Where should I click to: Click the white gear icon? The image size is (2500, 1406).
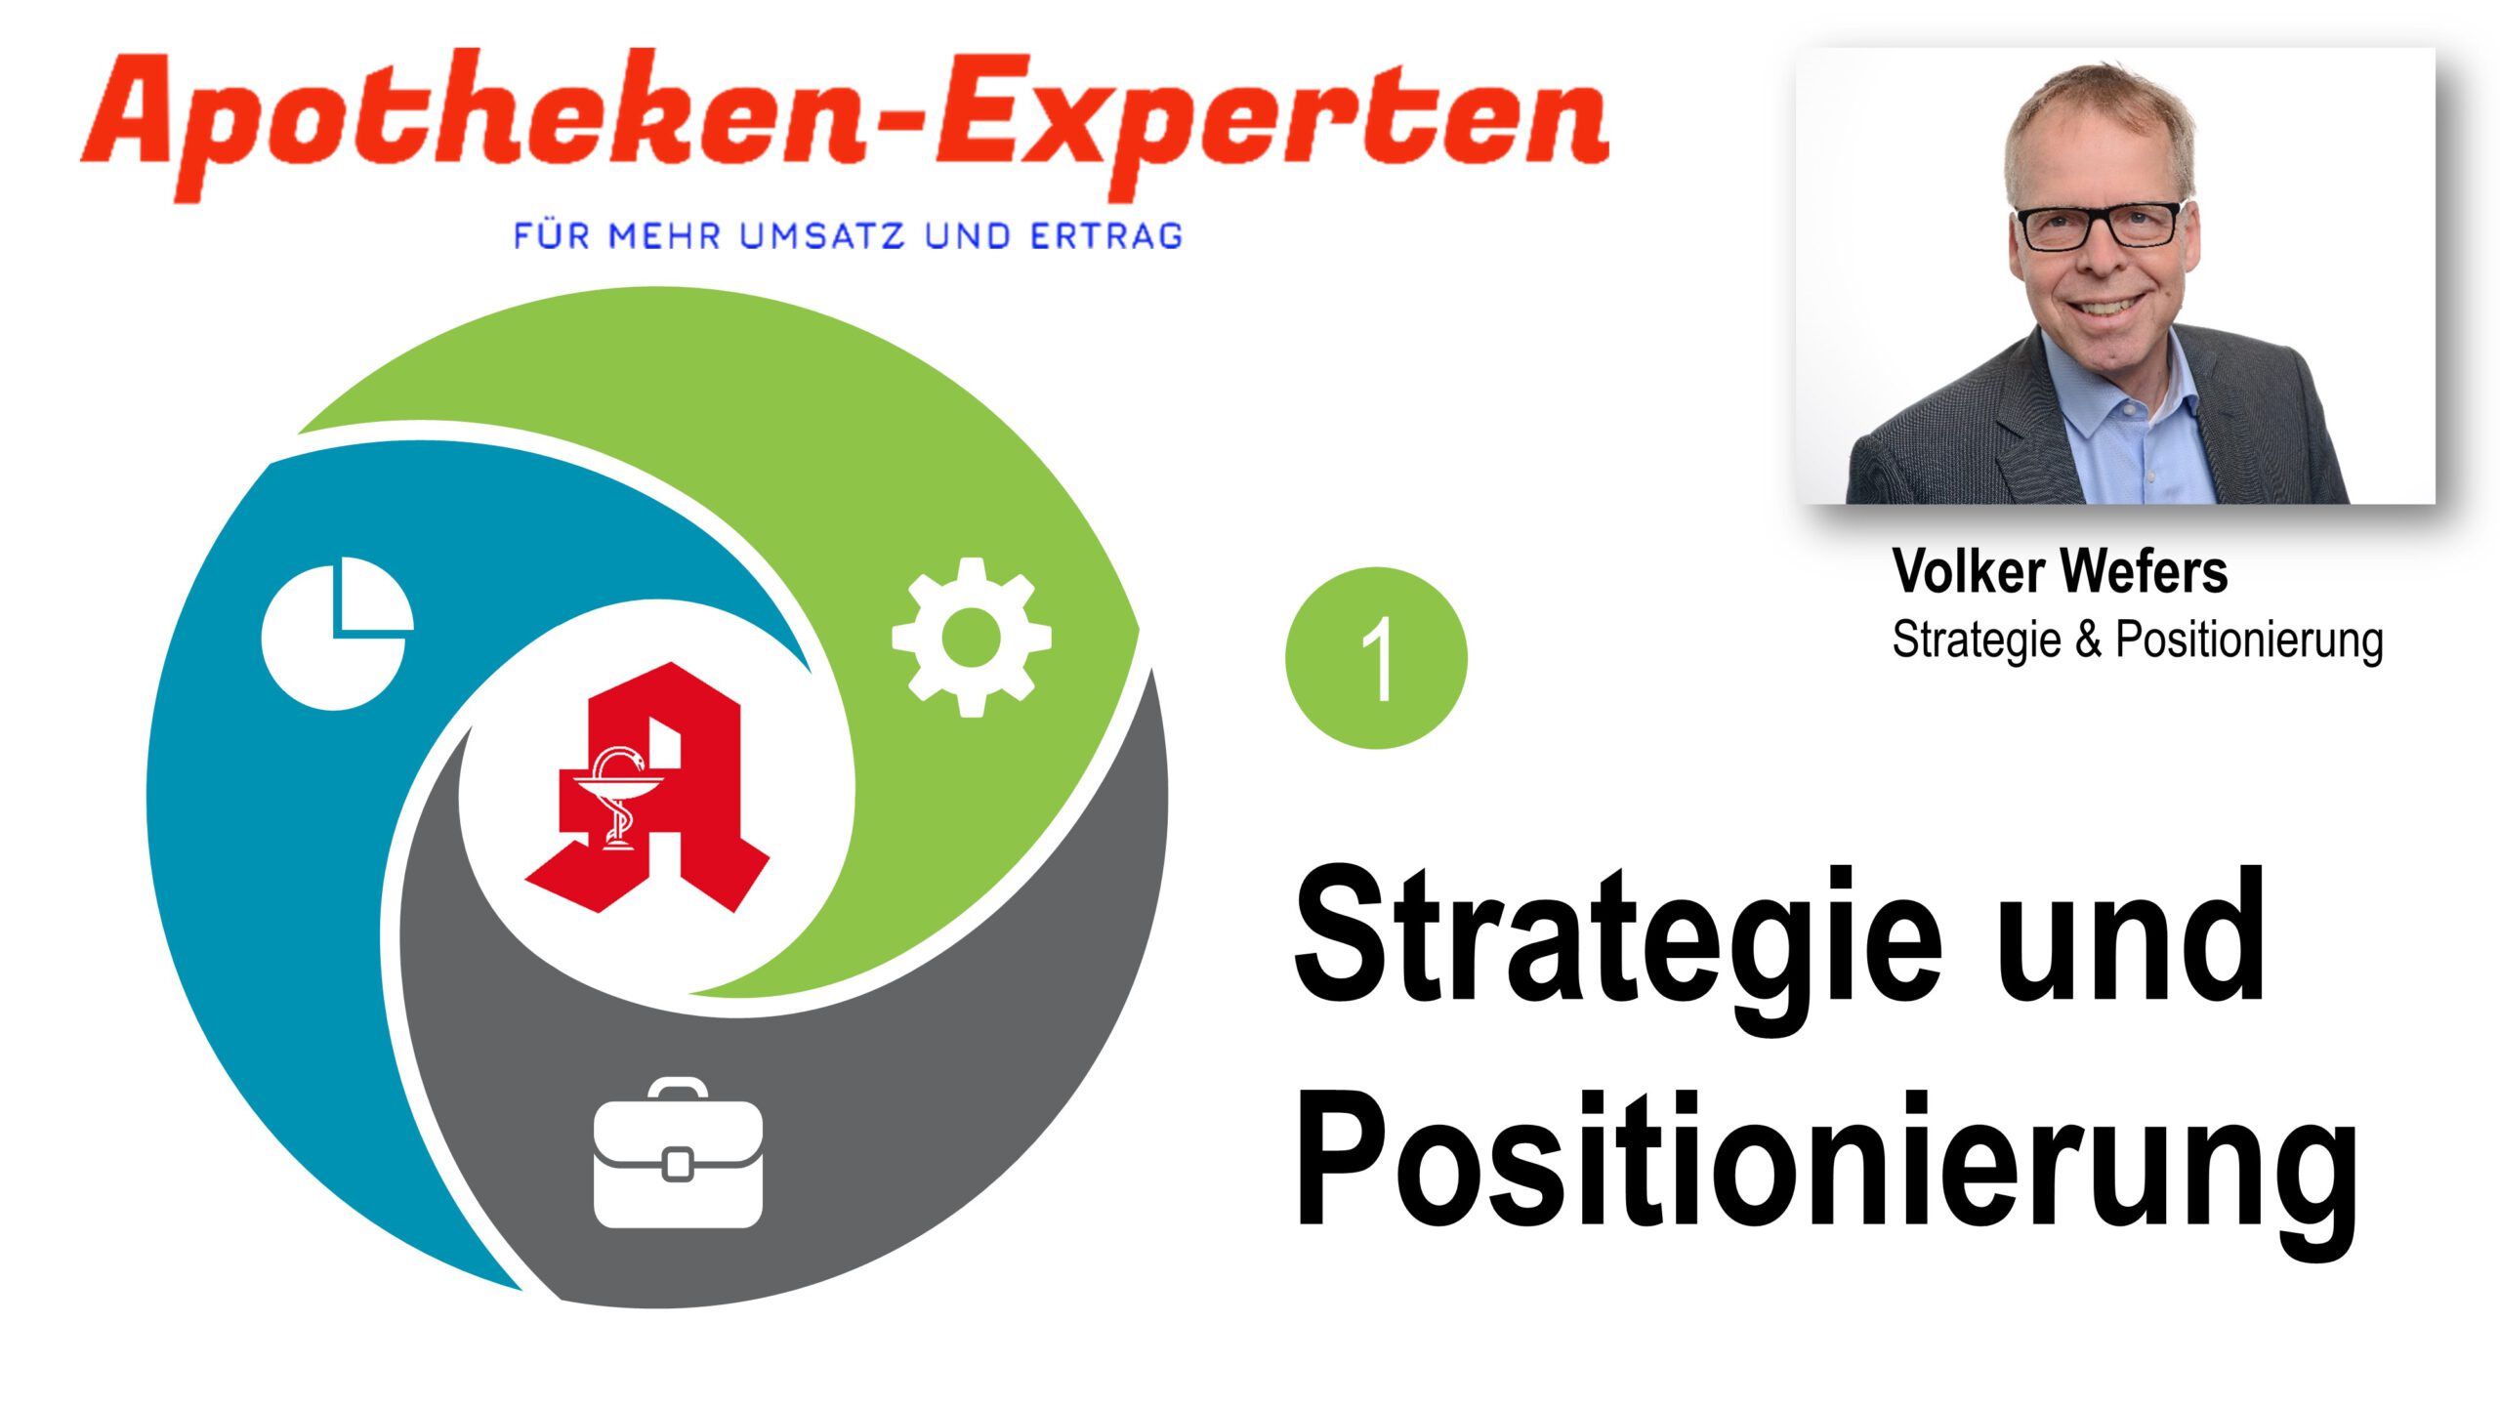972,638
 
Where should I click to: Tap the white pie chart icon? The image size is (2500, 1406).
337,634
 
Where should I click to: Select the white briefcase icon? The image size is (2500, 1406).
679,1153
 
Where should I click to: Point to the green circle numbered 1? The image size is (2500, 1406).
1376,658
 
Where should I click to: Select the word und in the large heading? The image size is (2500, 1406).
2131,934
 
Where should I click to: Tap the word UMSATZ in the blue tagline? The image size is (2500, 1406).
822,236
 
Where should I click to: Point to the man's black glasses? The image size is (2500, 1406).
2099,227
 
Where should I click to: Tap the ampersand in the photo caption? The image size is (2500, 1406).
2088,641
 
